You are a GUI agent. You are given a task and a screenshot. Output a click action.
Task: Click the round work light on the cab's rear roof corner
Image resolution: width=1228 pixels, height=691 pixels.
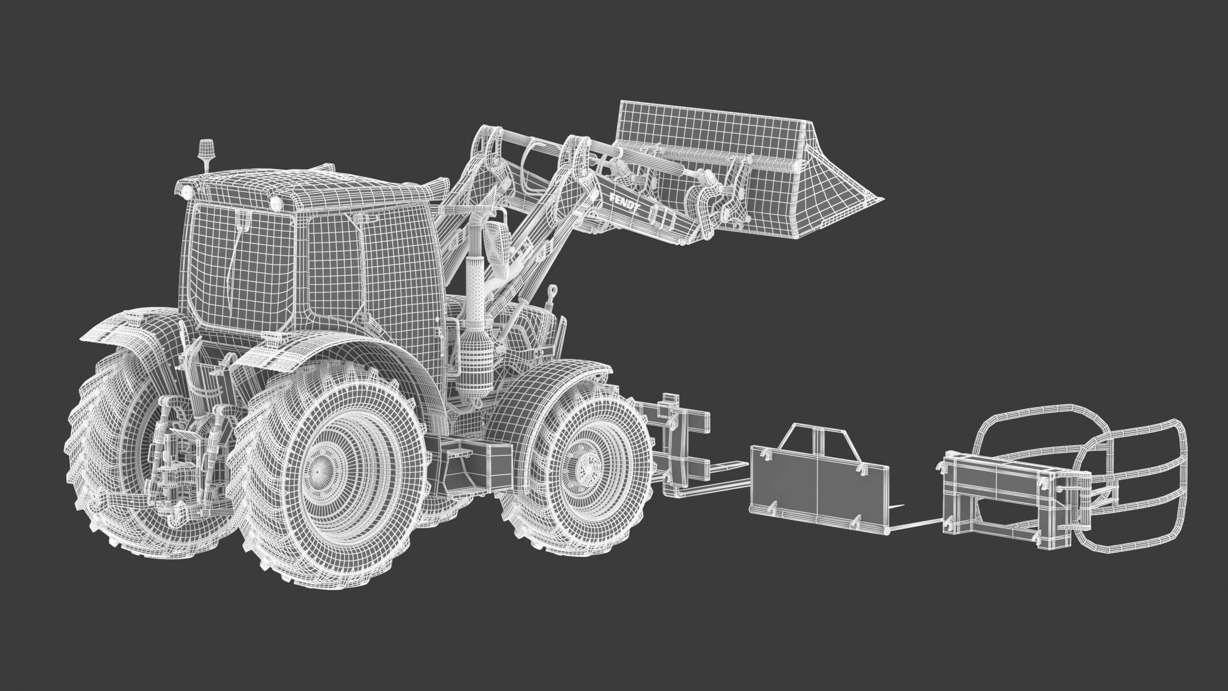275,202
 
